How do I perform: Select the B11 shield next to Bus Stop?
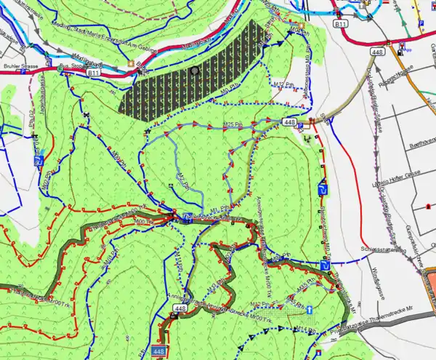(93, 73)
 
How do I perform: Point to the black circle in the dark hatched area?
(194, 71)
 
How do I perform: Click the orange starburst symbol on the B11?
(131, 63)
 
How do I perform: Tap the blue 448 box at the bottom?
(160, 352)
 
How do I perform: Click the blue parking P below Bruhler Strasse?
(41, 164)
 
